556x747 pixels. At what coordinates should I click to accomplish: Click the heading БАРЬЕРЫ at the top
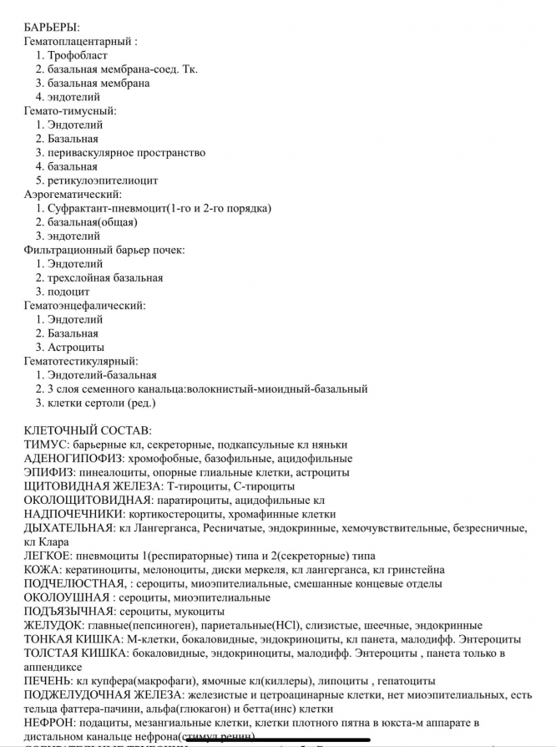tap(52, 28)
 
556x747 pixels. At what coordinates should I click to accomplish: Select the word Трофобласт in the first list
tap(78, 55)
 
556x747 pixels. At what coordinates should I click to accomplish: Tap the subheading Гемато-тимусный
tap(69, 110)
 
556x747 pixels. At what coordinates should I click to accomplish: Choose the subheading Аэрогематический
tap(73, 194)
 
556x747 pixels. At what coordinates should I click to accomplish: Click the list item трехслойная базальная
tap(105, 277)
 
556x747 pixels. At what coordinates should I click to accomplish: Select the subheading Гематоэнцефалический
tap(84, 305)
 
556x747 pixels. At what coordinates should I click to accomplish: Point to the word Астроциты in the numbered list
tap(76, 347)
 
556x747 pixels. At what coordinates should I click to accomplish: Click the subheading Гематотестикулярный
tap(81, 361)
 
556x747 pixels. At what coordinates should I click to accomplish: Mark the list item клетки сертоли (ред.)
tap(102, 403)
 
